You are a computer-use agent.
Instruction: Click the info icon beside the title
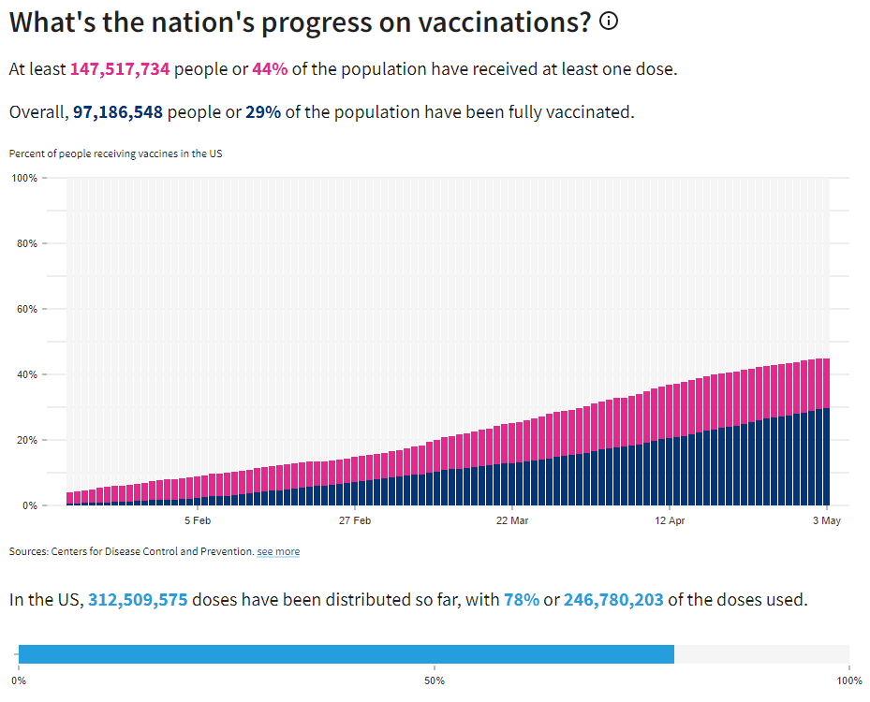609,22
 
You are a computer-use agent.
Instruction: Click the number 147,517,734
120,69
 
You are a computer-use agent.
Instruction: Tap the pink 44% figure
270,69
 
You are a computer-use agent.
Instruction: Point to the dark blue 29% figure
263,112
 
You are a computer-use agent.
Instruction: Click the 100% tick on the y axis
23,178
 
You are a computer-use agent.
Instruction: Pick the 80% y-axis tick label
25,243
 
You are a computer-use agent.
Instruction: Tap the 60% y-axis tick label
25,309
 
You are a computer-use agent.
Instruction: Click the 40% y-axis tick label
25,374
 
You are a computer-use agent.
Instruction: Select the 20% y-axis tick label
25,440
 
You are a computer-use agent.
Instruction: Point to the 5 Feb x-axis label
198,520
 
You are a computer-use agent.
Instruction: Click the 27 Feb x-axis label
355,520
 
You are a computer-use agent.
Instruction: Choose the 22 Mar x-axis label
512,520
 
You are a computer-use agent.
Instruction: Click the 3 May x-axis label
826,520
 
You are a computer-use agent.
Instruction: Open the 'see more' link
278,552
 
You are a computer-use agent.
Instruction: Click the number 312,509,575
140,600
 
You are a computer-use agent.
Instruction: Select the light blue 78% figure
522,600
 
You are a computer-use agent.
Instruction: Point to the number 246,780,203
613,600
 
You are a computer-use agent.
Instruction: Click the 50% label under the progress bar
435,680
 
